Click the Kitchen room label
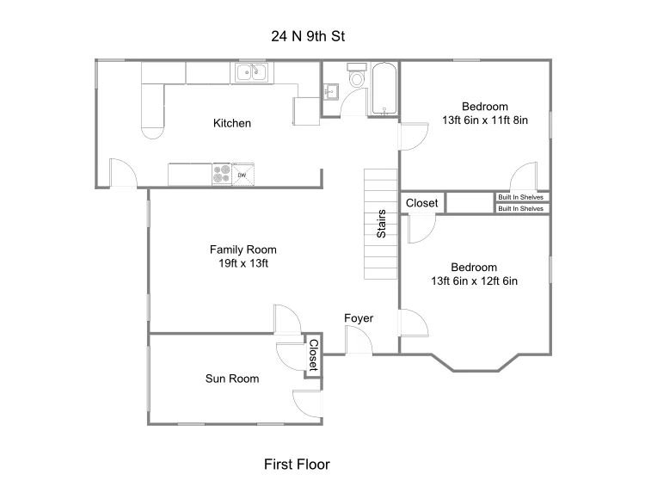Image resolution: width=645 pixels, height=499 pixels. point(232,123)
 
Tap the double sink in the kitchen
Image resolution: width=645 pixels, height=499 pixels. point(252,72)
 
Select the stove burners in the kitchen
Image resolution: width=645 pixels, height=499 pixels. point(221,174)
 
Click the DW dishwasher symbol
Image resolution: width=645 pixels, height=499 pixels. point(243,175)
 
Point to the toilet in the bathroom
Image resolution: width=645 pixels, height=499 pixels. point(357,76)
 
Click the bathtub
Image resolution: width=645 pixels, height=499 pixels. point(384,89)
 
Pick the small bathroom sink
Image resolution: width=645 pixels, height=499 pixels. point(330,92)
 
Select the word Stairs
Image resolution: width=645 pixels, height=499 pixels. point(381,224)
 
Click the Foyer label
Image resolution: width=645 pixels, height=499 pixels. point(359,318)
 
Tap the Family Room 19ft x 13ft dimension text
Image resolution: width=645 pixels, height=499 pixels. point(243,263)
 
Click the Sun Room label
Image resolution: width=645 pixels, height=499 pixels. point(232,379)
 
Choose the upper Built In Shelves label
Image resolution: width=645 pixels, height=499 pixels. point(521,197)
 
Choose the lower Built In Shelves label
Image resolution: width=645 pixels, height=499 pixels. point(521,208)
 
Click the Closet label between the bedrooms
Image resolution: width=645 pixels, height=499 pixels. point(422,203)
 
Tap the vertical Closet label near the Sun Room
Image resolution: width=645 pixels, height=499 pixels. point(313,355)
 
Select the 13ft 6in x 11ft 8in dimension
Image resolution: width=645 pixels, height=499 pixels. point(485,120)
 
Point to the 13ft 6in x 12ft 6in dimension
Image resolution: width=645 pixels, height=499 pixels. point(474,281)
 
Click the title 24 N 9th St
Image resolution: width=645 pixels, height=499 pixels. point(308,36)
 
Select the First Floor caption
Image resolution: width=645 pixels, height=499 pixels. point(297,465)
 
